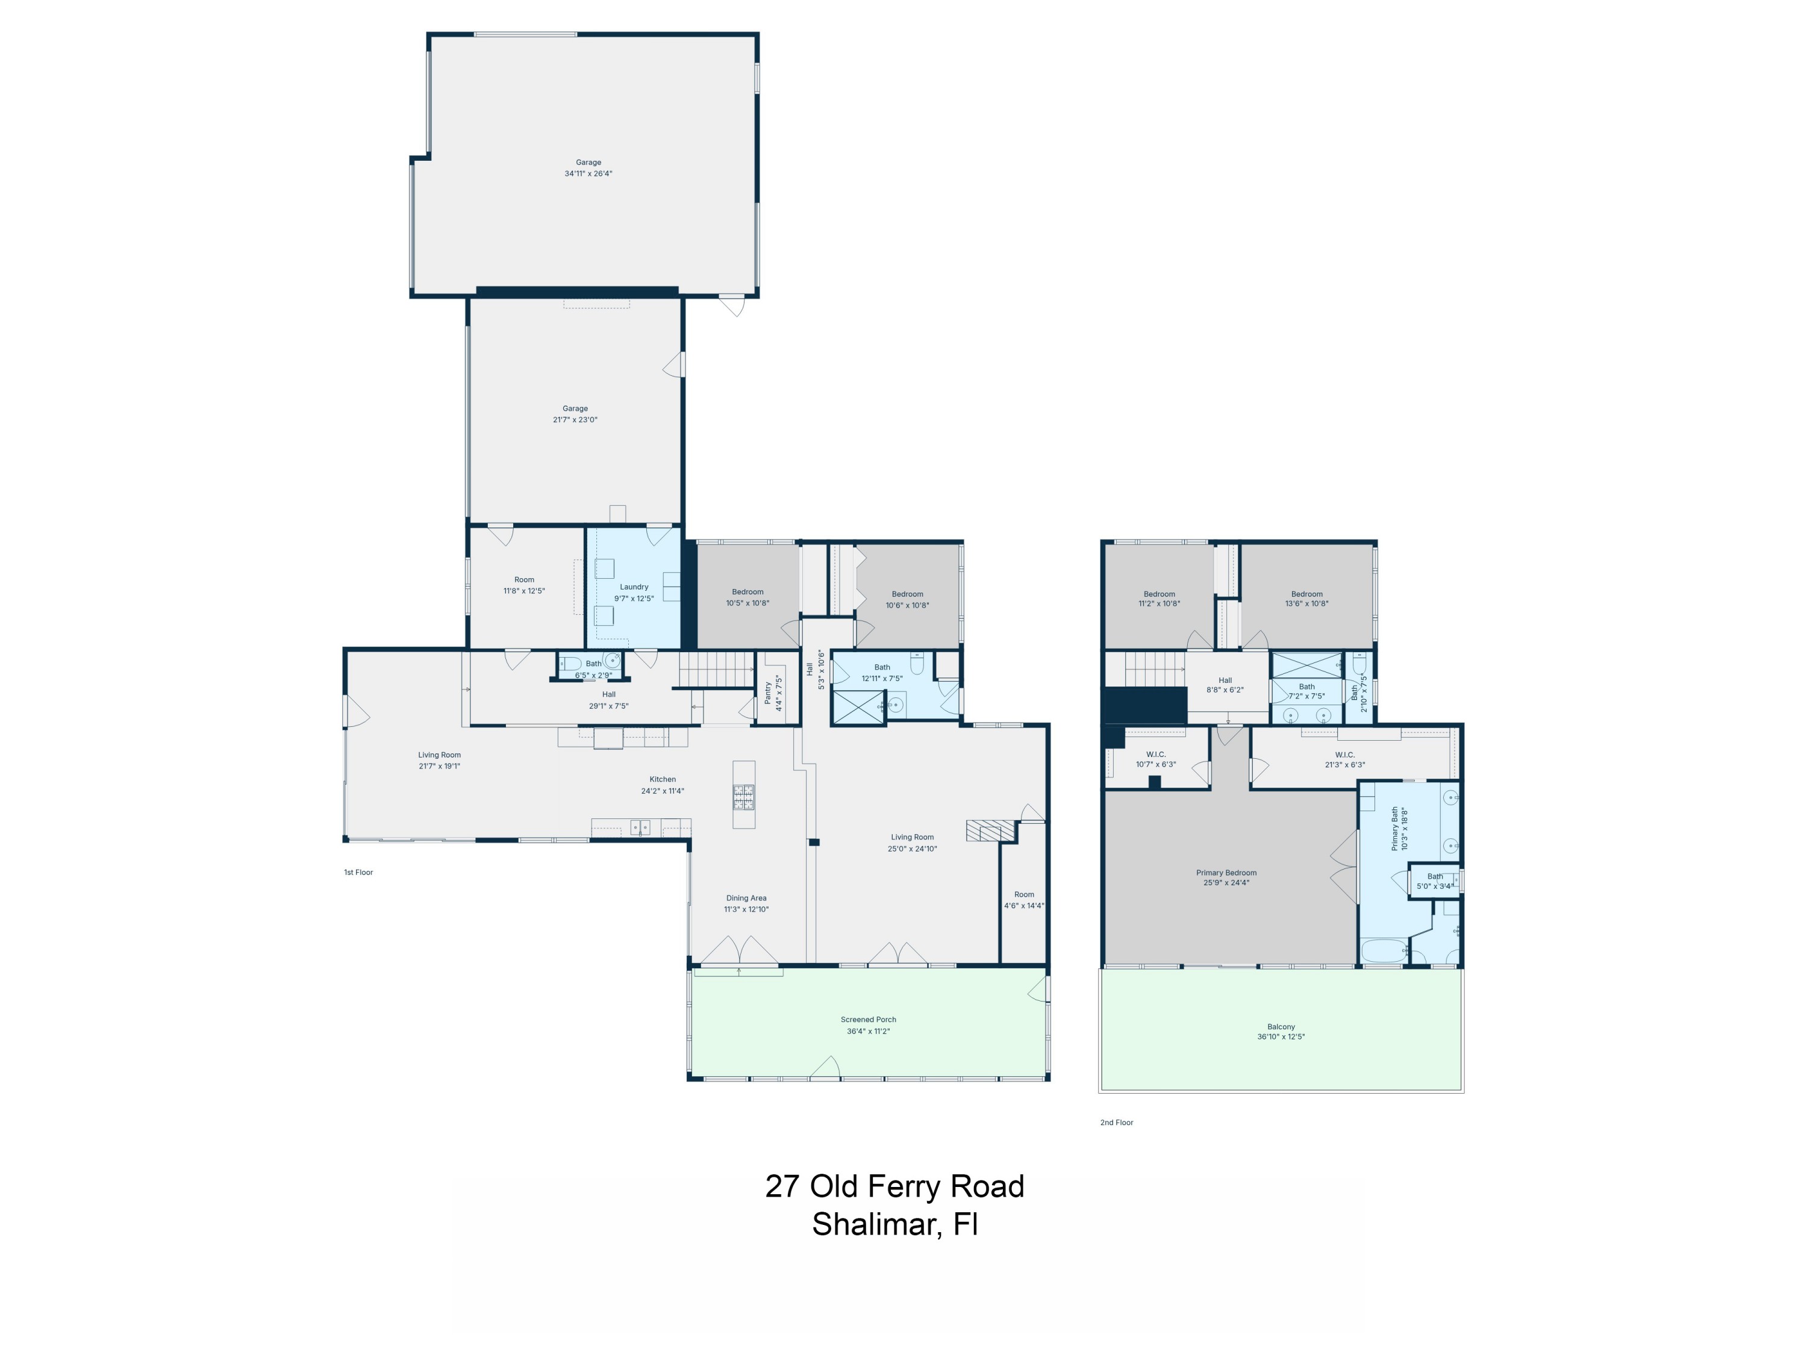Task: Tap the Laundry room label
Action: click(634, 587)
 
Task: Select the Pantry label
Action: click(768, 693)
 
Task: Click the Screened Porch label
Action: click(869, 1020)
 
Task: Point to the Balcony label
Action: click(1281, 1027)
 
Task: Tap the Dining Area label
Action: click(746, 899)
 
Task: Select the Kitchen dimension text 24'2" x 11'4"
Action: click(663, 791)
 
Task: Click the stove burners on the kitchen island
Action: click(743, 796)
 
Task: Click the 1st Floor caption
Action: click(358, 872)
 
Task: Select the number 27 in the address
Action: click(782, 1187)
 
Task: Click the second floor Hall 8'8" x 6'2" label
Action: click(1225, 685)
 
